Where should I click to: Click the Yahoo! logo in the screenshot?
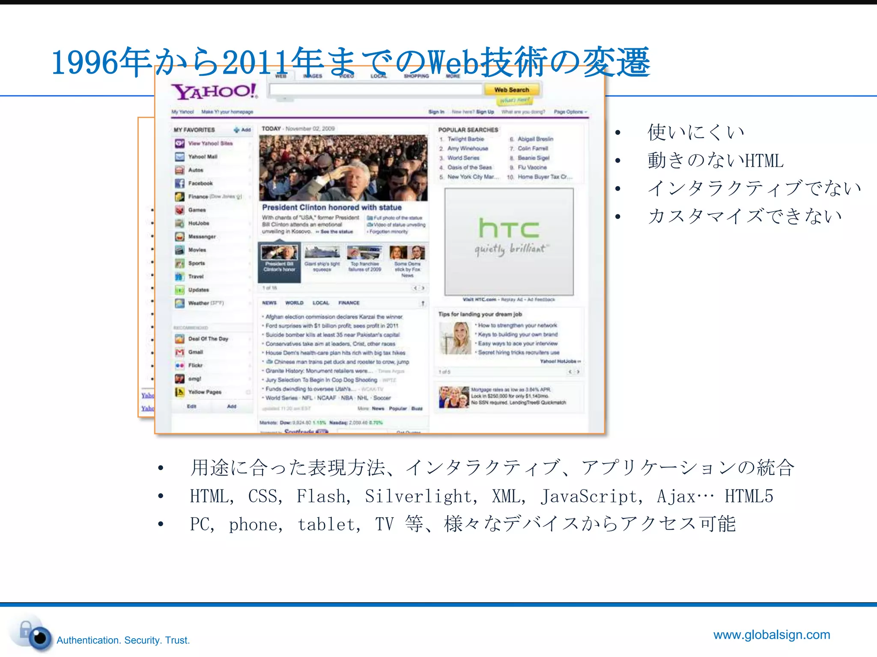(214, 91)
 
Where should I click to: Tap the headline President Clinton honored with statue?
(332, 207)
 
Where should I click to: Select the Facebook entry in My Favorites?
(200, 183)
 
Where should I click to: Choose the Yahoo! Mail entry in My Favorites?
(203, 157)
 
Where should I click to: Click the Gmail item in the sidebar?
(195, 352)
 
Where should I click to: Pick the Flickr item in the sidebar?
(195, 365)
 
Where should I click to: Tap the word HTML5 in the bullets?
(749, 496)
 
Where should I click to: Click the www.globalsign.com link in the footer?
(772, 635)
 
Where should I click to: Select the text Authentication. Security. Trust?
(123, 640)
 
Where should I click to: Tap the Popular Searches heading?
(468, 130)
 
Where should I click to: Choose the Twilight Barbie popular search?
(465, 139)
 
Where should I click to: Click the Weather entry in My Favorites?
(199, 303)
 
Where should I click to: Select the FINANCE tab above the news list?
(349, 303)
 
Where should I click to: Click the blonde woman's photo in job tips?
(455, 338)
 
